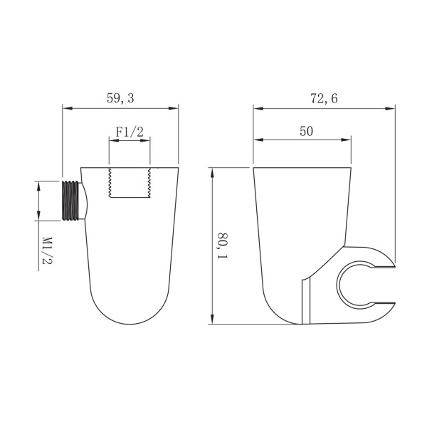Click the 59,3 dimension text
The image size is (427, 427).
[120, 99]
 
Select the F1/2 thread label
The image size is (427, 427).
[130, 132]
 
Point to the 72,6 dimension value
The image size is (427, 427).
[324, 99]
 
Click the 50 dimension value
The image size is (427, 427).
[306, 131]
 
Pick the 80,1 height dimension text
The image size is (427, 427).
[223, 245]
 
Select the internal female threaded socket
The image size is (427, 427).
[130, 184]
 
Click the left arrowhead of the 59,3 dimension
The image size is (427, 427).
[66, 108]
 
